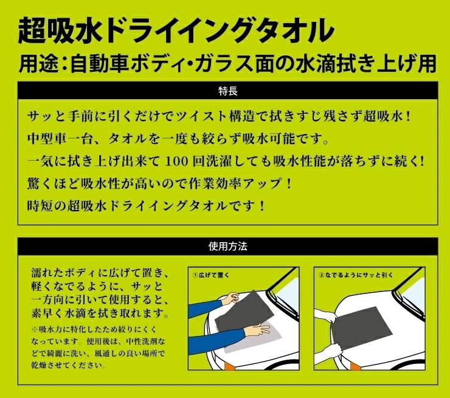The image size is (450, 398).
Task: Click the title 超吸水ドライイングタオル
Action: (x=176, y=28)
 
